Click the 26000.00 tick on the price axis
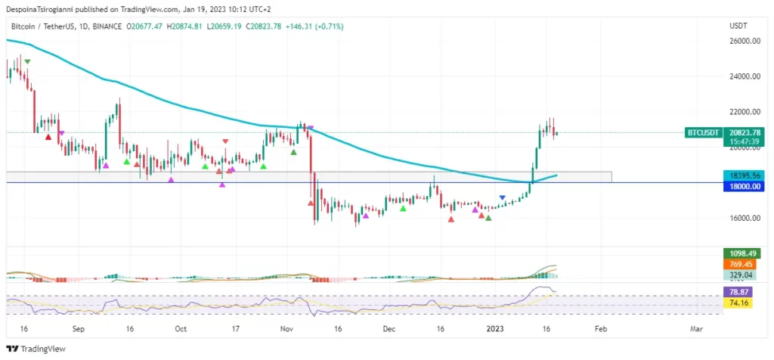[744, 41]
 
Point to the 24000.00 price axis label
[744, 76]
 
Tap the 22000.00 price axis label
[744, 112]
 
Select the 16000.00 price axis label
[744, 218]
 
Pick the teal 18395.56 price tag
[744, 175]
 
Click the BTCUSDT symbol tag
[703, 132]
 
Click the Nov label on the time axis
[286, 330]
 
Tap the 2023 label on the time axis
[494, 330]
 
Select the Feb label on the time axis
[600, 330]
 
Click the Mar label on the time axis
[696, 330]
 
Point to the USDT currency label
[738, 26]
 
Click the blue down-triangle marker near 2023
[503, 198]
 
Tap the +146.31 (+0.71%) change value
[314, 26]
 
